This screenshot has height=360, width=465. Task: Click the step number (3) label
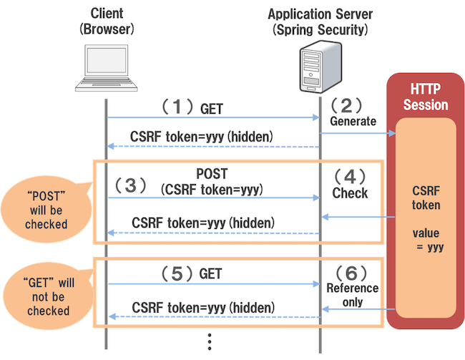pos(129,185)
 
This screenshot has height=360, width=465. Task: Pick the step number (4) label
pos(350,176)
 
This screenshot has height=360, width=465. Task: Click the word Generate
pos(353,122)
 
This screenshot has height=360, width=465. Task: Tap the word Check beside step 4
pos(350,193)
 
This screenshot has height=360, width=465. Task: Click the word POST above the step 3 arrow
pos(212,175)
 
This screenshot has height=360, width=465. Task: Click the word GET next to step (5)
pos(211,273)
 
